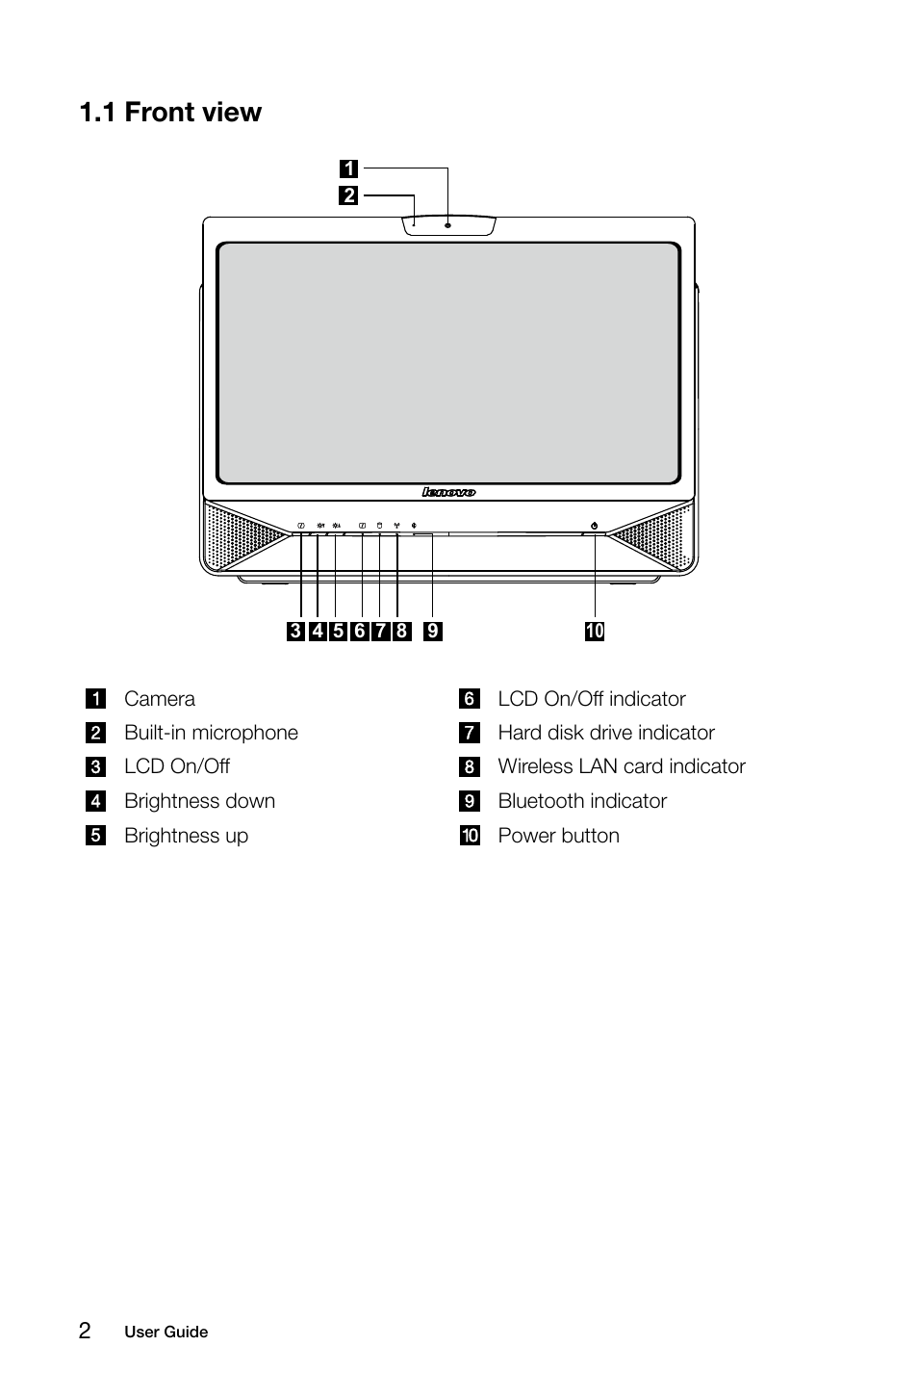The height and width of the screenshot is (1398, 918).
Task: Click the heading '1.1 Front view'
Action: pyautogui.click(x=171, y=113)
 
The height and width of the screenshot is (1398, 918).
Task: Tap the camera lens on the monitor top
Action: pyautogui.click(x=448, y=225)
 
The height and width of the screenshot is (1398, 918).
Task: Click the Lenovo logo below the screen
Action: pyautogui.click(x=448, y=492)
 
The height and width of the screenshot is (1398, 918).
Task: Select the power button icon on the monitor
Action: pyautogui.click(x=595, y=526)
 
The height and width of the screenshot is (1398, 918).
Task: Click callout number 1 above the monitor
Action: pyautogui.click(x=349, y=169)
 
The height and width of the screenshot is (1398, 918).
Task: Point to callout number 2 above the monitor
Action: pyautogui.click(x=349, y=195)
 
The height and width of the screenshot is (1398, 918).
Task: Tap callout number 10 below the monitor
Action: pyautogui.click(x=595, y=632)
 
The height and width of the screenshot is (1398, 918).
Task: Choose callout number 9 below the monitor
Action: pyautogui.click(x=433, y=632)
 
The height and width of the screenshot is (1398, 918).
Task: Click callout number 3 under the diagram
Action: pyautogui.click(x=295, y=632)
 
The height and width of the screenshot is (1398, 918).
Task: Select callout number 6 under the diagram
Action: pyautogui.click(x=360, y=632)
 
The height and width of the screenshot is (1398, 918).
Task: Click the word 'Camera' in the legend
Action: pyautogui.click(x=160, y=699)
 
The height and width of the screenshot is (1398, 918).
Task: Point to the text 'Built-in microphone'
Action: pyautogui.click(x=211, y=733)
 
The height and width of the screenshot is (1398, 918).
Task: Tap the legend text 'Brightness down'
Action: pyautogui.click(x=199, y=801)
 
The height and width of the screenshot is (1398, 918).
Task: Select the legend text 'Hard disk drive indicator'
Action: pyautogui.click(x=606, y=733)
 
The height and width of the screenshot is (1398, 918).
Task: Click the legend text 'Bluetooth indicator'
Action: pyautogui.click(x=582, y=801)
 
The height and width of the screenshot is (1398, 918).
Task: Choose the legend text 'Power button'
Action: pyautogui.click(x=558, y=836)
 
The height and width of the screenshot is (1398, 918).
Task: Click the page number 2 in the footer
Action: pyautogui.click(x=86, y=1331)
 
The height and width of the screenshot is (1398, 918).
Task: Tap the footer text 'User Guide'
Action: pyautogui.click(x=166, y=1333)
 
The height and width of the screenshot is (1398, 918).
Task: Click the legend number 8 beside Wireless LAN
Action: pyautogui.click(x=470, y=767)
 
